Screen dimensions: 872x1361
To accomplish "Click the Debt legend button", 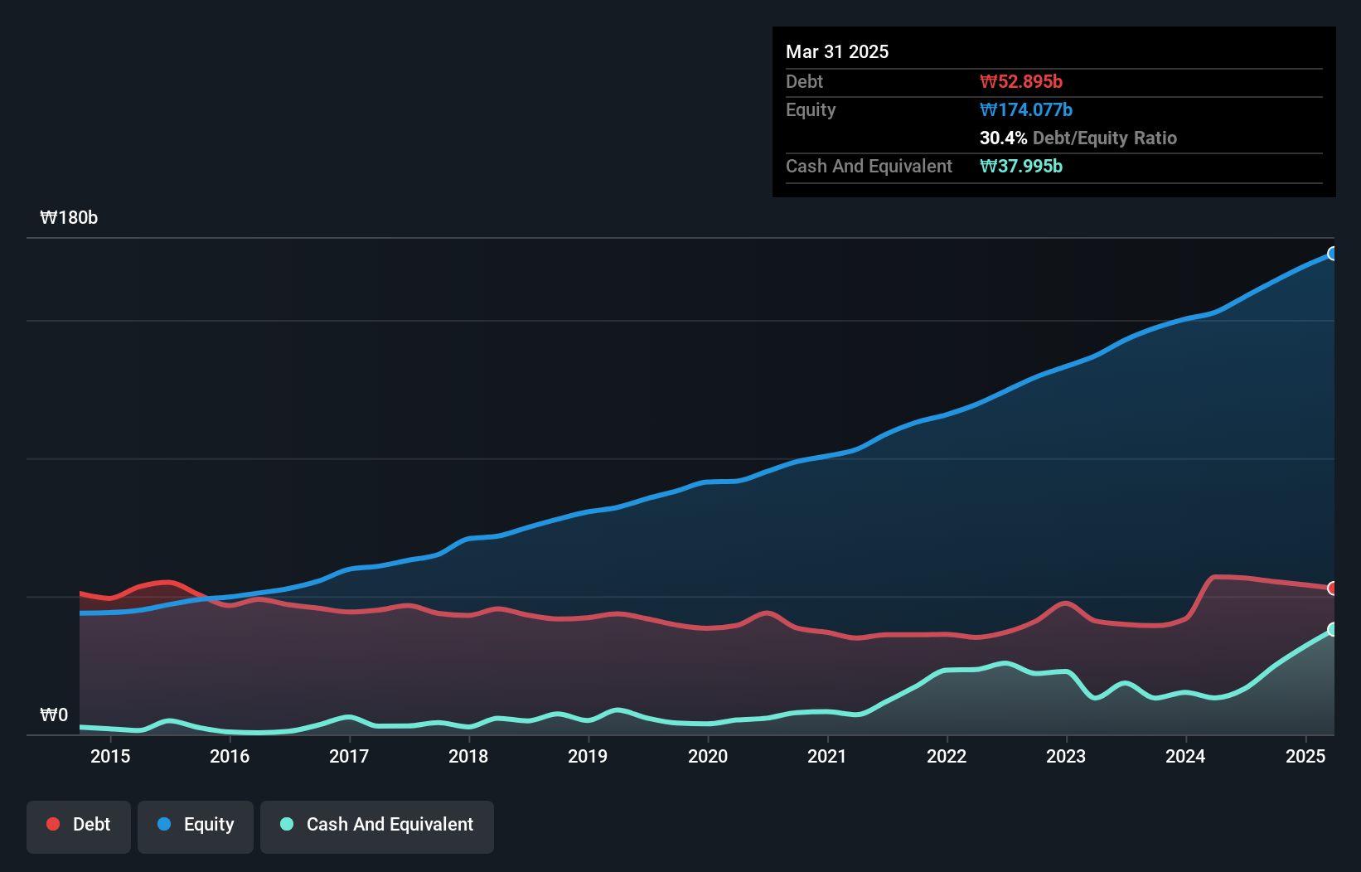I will click(79, 825).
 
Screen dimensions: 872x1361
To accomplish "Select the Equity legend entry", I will click(196, 825).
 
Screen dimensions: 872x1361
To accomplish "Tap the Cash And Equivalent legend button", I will click(377, 825).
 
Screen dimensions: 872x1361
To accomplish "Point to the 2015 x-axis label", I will click(110, 756).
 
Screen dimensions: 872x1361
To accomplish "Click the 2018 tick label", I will click(468, 756).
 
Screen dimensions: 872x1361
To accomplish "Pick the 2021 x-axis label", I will click(827, 756).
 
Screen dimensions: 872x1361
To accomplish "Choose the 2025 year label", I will click(1305, 756).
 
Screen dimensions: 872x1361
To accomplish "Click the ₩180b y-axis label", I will click(69, 218).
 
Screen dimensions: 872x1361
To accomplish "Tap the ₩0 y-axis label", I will click(54, 715).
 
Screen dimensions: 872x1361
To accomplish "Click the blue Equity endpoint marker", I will click(1332, 254).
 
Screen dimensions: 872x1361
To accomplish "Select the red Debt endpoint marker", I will click(1332, 589).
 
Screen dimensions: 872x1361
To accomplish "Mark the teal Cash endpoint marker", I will click(1332, 630).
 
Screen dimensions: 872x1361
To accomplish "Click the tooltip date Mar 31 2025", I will click(837, 51).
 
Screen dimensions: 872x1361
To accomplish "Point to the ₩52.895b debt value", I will click(1020, 81).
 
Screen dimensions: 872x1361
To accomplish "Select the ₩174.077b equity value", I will click(1025, 109).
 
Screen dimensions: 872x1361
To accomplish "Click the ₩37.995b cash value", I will click(1020, 166).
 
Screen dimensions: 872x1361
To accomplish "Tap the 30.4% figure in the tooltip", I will click(1003, 138).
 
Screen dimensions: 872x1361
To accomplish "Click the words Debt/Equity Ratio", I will click(1105, 138).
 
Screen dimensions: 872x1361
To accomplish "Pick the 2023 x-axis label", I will click(1066, 756).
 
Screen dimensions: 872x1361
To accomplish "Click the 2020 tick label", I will click(708, 756).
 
